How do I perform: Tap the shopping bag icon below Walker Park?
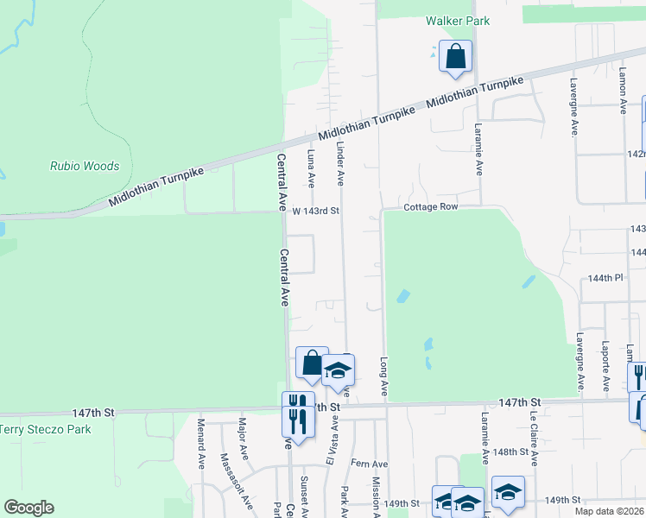[x=454, y=57]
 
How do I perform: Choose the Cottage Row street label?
[x=429, y=208]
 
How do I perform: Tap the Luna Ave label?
[x=312, y=167]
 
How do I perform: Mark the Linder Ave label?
[x=340, y=163]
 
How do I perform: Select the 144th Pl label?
[x=606, y=278]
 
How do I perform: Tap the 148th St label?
[x=511, y=452]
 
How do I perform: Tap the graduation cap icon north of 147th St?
[x=339, y=371]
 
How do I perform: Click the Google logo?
[x=28, y=508]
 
